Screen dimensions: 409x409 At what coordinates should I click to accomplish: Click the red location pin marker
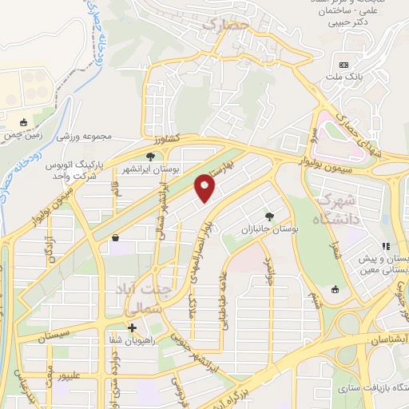pos(205,189)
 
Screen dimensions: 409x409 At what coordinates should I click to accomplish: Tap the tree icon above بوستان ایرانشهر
pos(150,157)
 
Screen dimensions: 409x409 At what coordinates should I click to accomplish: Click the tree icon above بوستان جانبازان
pos(269,216)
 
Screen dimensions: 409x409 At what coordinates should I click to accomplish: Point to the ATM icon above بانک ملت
pos(344,64)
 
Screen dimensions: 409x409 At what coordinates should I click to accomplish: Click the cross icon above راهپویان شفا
pos(133,328)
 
